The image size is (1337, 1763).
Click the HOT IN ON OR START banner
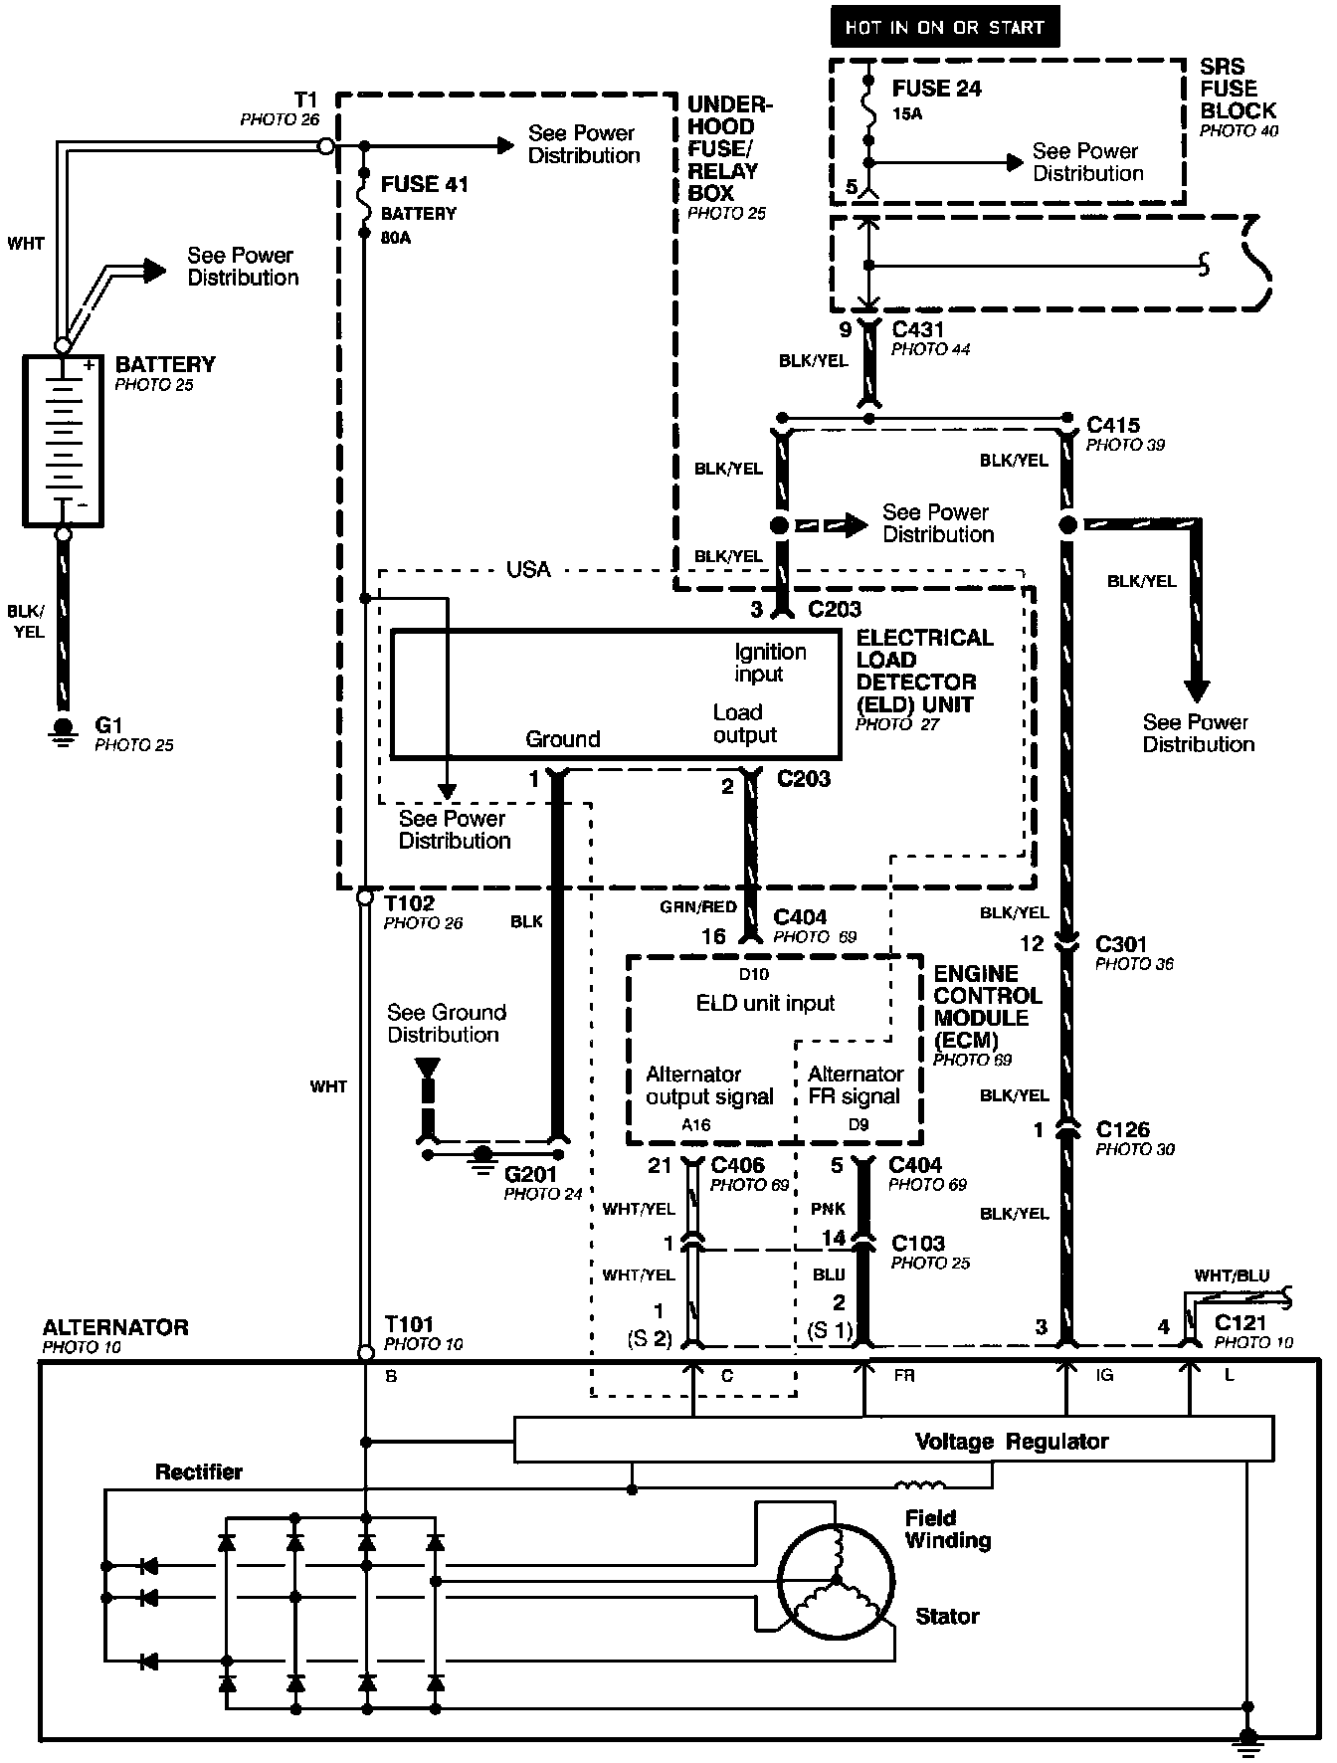click(x=944, y=28)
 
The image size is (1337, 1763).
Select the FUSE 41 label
click(x=424, y=184)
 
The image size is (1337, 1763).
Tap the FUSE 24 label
click(x=936, y=89)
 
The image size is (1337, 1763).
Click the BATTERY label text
click(x=165, y=364)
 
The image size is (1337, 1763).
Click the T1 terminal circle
click(x=325, y=146)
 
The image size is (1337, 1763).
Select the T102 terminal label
click(x=409, y=902)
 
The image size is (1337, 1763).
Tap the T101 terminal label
click(x=409, y=1324)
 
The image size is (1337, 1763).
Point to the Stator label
click(x=947, y=1617)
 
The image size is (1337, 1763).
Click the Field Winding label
click(x=947, y=1529)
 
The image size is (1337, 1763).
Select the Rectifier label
click(x=199, y=1471)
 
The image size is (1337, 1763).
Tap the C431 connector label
click(x=918, y=329)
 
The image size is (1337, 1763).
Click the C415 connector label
click(x=1113, y=425)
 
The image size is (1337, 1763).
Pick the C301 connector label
click(x=1121, y=943)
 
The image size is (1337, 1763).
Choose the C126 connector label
click(x=1122, y=1129)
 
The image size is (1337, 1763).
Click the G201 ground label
click(x=531, y=1174)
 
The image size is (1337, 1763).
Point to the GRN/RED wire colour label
click(x=698, y=907)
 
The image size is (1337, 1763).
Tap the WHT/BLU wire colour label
click(x=1232, y=1275)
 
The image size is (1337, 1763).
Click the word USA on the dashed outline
click(x=528, y=569)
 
